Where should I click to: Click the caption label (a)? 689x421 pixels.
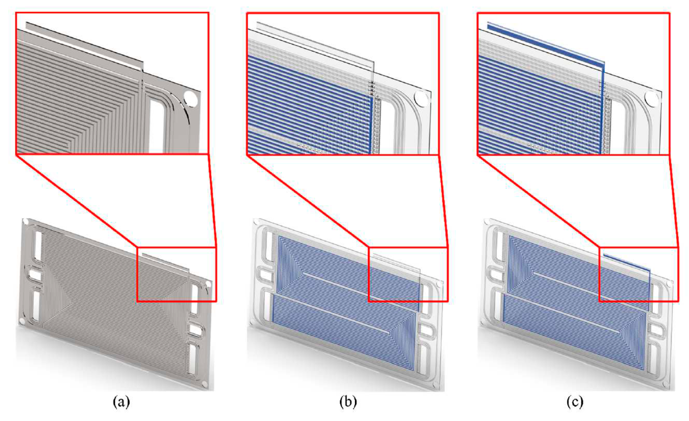pyautogui.click(x=121, y=402)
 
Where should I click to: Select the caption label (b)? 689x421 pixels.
pyautogui.click(x=348, y=402)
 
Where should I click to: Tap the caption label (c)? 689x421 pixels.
pyautogui.click(x=575, y=402)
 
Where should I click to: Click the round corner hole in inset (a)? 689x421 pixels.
pyautogui.click(x=190, y=99)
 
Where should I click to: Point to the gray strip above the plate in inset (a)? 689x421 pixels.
pyautogui.click(x=85, y=45)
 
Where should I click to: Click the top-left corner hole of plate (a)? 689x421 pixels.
pyautogui.click(x=25, y=221)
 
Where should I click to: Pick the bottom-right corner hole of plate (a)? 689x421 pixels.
pyautogui.click(x=205, y=385)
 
